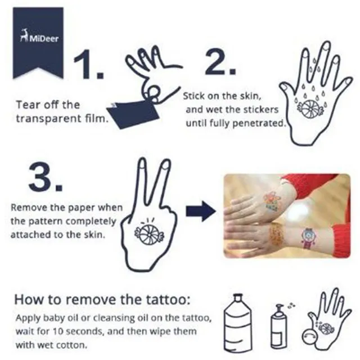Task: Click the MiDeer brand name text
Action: click(44, 39)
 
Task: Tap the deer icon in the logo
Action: click(24, 35)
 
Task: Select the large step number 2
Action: click(220, 62)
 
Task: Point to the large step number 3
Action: click(46, 177)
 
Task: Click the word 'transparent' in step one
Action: click(49, 119)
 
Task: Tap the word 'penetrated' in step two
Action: click(258, 124)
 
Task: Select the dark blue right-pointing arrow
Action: click(201, 211)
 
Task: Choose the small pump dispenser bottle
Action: click(279, 326)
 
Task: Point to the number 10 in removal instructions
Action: click(57, 331)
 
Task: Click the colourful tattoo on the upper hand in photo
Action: click(272, 200)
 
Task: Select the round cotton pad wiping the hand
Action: click(310, 336)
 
